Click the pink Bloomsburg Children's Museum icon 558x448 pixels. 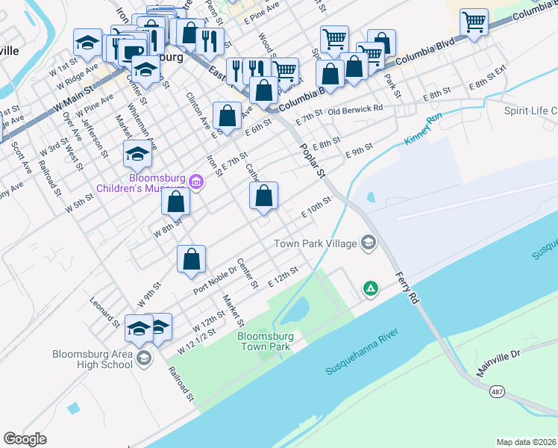[x=196, y=181]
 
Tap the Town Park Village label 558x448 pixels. [x=316, y=243]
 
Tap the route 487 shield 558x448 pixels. [x=495, y=391]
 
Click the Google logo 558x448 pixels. [x=25, y=439]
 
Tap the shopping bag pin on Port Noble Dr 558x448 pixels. [x=192, y=259]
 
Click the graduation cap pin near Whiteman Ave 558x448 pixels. [x=137, y=155]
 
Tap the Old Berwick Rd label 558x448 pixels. [x=355, y=108]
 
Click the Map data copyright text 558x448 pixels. [x=526, y=441]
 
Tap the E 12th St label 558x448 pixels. [x=283, y=273]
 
